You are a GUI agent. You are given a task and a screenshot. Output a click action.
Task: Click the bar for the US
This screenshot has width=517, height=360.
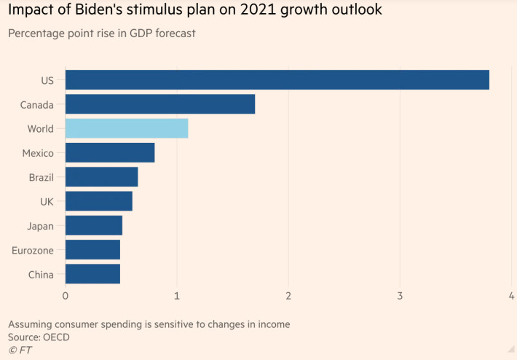pos(277,79)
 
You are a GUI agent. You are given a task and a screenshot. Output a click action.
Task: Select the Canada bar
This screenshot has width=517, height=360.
pos(160,103)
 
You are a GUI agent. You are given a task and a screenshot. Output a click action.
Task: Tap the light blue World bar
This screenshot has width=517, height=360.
pos(127,128)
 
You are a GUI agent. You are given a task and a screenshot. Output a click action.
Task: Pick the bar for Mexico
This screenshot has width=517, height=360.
pos(110,152)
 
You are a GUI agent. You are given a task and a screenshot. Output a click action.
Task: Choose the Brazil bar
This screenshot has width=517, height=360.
pos(101,176)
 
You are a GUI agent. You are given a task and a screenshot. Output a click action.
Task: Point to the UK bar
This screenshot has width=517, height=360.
pos(99,200)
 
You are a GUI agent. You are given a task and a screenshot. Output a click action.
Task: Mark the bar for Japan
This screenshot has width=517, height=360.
pos(94,225)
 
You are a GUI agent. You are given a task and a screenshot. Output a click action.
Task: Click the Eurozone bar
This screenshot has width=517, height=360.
pos(92,249)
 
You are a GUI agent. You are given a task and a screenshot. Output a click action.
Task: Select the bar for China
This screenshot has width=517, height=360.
pos(92,273)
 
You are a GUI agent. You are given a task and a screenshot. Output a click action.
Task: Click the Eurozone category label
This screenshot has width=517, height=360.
pos(33,250)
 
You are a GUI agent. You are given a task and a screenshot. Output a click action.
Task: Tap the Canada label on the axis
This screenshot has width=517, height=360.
pos(37,104)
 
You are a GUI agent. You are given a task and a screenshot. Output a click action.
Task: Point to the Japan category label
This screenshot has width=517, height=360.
pos(39,226)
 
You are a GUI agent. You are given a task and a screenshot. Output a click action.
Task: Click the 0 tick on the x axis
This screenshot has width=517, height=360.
pos(66,296)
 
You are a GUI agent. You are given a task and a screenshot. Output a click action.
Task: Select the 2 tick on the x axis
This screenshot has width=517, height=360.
pos(288,296)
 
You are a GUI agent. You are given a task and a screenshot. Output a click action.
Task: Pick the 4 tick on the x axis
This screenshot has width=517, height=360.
pos(511,296)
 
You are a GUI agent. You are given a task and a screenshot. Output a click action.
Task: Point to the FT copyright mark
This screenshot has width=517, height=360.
pos(20,351)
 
